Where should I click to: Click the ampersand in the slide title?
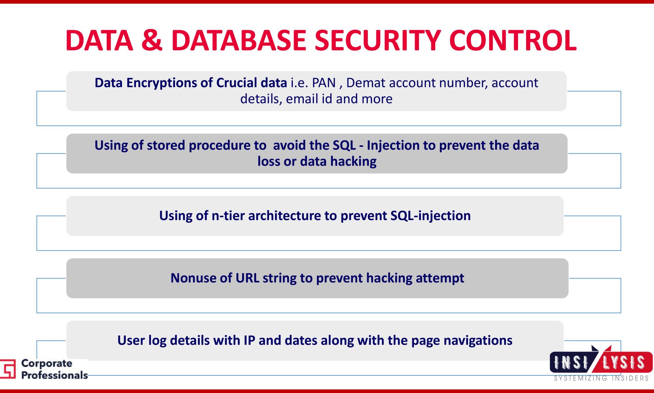click(x=152, y=40)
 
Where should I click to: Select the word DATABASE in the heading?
click(x=239, y=40)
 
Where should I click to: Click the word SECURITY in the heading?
click(x=378, y=40)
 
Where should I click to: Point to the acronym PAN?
click(x=324, y=83)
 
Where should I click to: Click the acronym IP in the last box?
click(x=249, y=341)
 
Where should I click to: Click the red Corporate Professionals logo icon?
click(x=8, y=369)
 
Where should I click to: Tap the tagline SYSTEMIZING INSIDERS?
click(x=601, y=378)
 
